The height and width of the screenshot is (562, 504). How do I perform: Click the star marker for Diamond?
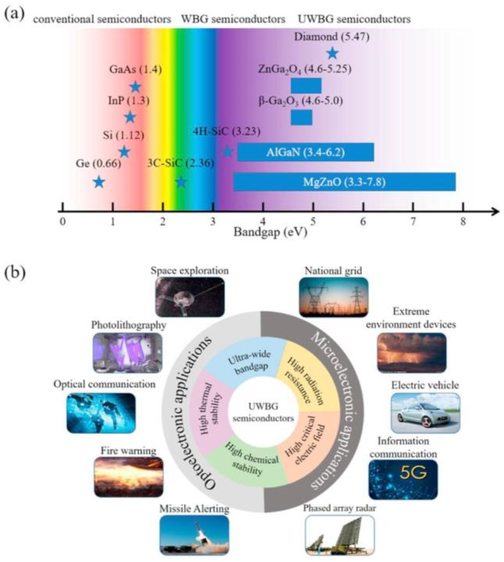pyautogui.click(x=333, y=53)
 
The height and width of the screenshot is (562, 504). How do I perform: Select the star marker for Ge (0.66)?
pyautogui.click(x=99, y=182)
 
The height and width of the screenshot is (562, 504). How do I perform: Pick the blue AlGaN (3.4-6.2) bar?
pyautogui.click(x=305, y=152)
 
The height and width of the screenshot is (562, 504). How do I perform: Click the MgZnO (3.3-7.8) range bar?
pyautogui.click(x=345, y=182)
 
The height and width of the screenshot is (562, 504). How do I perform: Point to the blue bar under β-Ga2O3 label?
pyautogui.click(x=302, y=117)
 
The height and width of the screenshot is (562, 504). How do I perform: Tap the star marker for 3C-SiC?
pyautogui.click(x=181, y=182)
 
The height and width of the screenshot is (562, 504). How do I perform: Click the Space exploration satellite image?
pyautogui.click(x=190, y=297)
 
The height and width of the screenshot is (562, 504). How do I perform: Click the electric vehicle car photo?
pyautogui.click(x=426, y=413)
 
